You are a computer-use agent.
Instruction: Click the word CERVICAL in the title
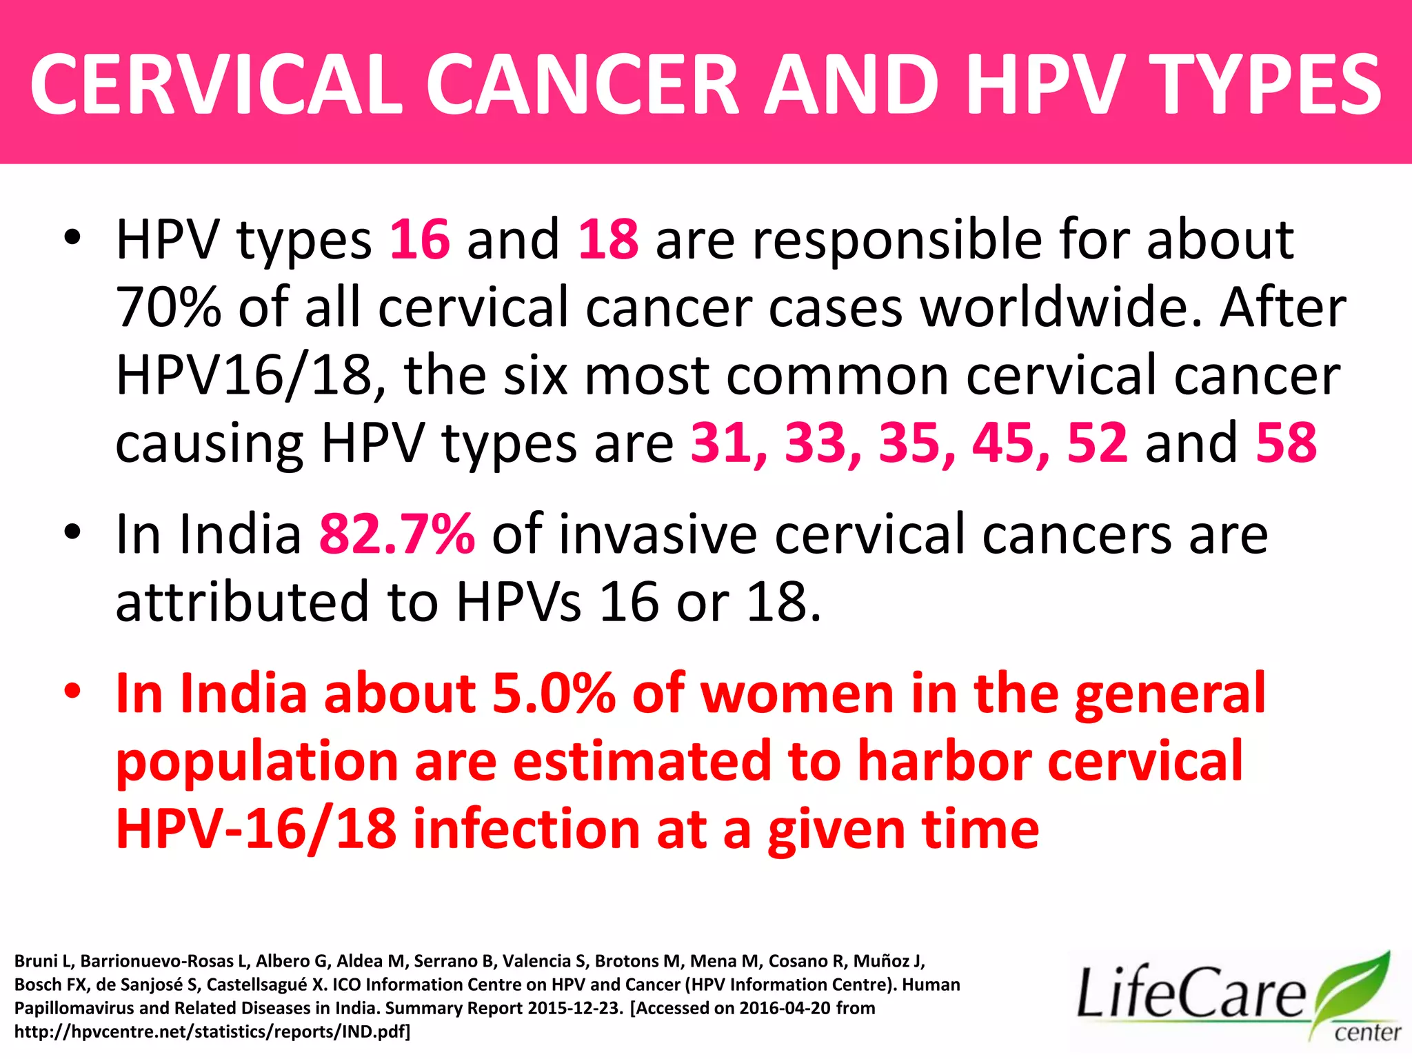click(216, 85)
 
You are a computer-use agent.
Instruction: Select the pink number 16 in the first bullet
click(420, 239)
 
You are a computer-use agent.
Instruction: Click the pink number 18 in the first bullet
click(608, 239)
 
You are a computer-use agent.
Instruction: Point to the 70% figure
click(168, 307)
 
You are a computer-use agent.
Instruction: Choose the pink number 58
click(1287, 443)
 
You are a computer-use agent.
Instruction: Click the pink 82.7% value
click(397, 534)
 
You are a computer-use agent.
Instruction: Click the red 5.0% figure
click(554, 694)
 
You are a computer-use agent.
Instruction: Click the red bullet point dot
click(72, 692)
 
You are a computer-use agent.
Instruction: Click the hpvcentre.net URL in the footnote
click(212, 1032)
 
